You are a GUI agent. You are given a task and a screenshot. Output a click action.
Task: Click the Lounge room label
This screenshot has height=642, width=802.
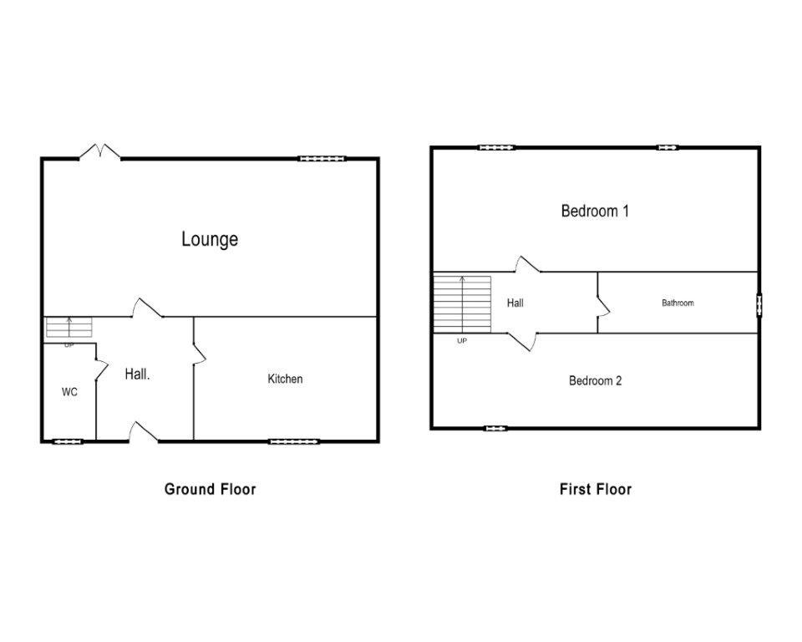pos(210,239)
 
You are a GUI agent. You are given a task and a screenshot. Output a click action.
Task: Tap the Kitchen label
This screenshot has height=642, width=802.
pos(285,379)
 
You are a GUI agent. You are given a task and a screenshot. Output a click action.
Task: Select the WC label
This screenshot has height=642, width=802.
pos(69,392)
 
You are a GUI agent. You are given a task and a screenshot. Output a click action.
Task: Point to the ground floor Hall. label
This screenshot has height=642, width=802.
pos(138,374)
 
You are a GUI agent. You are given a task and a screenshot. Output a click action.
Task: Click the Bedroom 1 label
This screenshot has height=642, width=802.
pos(595,211)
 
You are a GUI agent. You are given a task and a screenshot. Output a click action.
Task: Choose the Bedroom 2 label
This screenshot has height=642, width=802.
pos(595,380)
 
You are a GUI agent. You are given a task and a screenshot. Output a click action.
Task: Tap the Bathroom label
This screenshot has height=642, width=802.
pos(678,303)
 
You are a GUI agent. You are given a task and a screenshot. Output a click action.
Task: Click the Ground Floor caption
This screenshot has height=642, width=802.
pos(210,489)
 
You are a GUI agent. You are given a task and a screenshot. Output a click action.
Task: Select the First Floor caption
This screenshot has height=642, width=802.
pos(595,489)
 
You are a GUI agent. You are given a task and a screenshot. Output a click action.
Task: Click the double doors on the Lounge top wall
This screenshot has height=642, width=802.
pos(100,152)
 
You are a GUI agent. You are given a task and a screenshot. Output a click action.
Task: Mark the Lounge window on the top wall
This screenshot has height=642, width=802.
pos(322,158)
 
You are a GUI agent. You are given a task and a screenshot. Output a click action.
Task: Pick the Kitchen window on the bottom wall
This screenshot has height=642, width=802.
pos(294,441)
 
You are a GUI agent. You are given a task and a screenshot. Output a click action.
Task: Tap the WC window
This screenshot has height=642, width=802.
pos(69,441)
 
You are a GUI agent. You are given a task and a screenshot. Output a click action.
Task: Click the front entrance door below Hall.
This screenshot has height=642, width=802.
pos(143,432)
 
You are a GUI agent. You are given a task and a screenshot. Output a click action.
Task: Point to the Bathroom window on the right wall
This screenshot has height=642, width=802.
pos(759,304)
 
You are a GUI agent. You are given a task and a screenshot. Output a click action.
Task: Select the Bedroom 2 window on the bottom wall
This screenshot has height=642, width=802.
pos(495,428)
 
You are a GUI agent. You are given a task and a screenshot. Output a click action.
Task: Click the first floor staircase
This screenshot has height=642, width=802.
pos(462,303)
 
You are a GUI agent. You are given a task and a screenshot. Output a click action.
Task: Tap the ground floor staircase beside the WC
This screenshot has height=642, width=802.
pos(69,328)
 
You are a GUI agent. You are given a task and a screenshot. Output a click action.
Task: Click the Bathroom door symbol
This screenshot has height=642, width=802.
pos(603,308)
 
